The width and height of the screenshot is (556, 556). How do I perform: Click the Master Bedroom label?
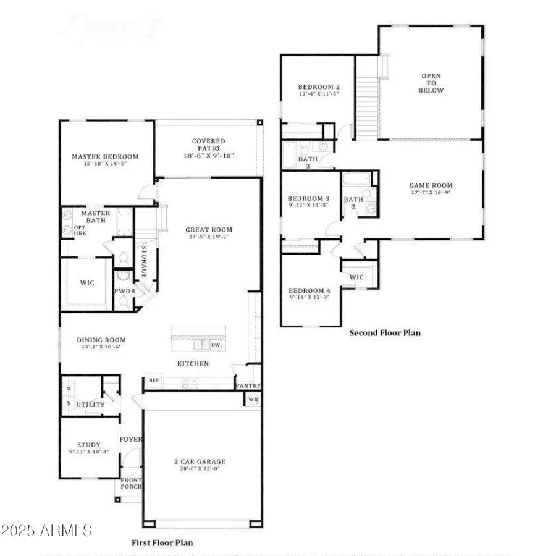[x=105, y=157]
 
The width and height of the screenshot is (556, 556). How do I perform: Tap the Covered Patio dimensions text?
[x=208, y=156]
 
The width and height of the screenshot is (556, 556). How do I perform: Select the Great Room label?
[x=209, y=230]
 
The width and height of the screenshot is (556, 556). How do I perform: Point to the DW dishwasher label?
[x=216, y=345]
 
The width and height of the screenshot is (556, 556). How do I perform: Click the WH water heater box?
[x=252, y=399]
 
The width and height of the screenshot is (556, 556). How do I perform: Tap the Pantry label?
[x=248, y=386]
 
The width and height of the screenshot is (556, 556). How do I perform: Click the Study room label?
[x=88, y=444]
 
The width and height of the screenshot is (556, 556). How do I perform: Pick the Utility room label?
[x=90, y=405]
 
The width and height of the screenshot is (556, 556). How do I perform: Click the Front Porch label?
[x=130, y=484]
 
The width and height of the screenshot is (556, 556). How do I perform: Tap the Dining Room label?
[x=101, y=340]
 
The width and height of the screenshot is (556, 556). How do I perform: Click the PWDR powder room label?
[x=122, y=290]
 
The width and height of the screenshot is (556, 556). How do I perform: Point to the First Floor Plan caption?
[x=162, y=543]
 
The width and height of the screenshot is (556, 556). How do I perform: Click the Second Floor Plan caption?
[x=385, y=333]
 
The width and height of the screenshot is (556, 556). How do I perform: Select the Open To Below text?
[x=432, y=83]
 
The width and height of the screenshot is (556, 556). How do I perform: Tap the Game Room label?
[x=431, y=185]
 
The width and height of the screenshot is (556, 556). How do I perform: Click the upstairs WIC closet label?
[x=356, y=277]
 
